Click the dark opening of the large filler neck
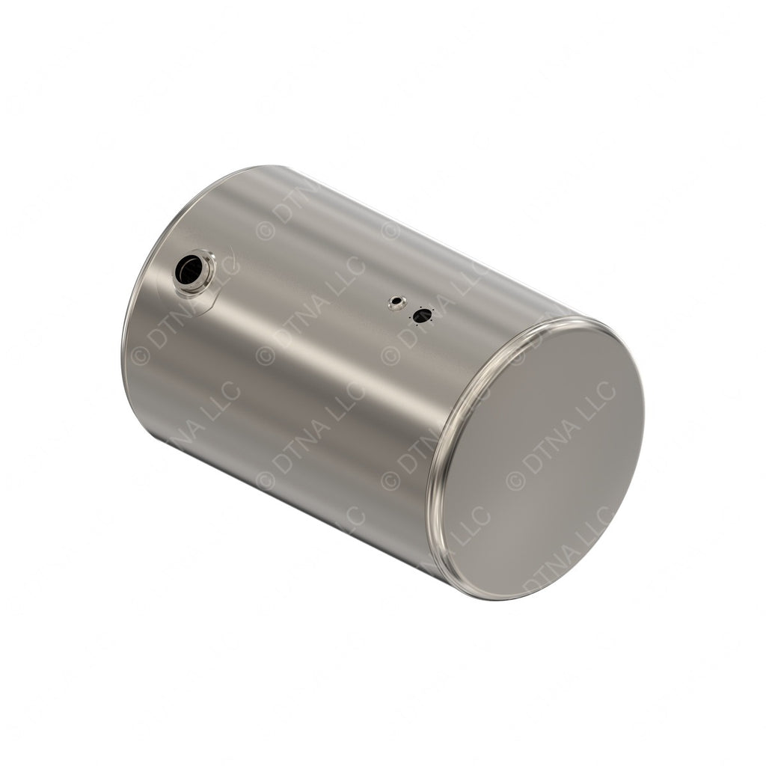click(x=189, y=269)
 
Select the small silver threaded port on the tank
click(x=396, y=302)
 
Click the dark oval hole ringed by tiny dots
click(x=422, y=316)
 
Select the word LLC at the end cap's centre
click(x=599, y=397)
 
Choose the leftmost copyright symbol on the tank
click(x=140, y=356)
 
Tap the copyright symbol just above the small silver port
click(x=390, y=229)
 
